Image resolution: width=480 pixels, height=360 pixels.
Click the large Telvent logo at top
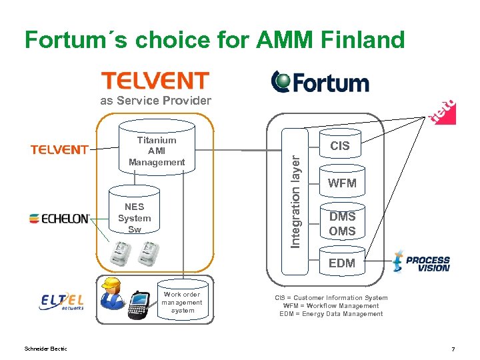[x=155, y=81]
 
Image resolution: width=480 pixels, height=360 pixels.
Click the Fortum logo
[x=320, y=82]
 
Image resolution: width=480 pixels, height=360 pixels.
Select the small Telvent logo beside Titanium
[x=59, y=150]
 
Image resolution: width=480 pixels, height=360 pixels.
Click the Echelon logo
[x=59, y=218]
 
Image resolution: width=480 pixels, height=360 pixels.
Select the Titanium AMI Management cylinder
[x=157, y=151]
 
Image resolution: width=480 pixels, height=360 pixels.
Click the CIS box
[x=340, y=146]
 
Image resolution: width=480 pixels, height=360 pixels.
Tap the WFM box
[x=342, y=183]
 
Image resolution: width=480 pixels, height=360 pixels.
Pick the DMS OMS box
[x=342, y=224]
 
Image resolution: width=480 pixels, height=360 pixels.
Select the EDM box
[x=342, y=263]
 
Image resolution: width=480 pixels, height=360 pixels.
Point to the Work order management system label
[x=182, y=302]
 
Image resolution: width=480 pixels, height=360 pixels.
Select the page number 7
[x=453, y=349]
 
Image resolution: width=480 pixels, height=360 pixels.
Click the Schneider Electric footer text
[x=45, y=349]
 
